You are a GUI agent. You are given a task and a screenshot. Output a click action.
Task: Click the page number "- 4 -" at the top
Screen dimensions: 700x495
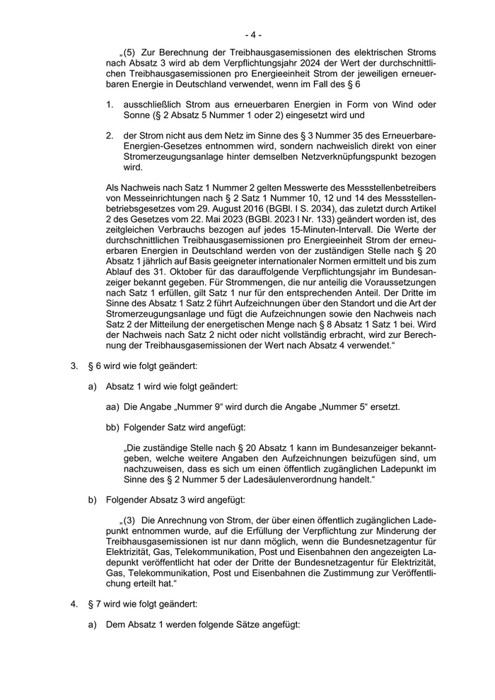coord(253,33)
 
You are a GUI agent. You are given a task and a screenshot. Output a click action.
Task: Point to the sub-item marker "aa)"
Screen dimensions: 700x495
coord(112,407)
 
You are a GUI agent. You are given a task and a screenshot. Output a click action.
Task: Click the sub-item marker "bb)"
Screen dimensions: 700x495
coord(112,427)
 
